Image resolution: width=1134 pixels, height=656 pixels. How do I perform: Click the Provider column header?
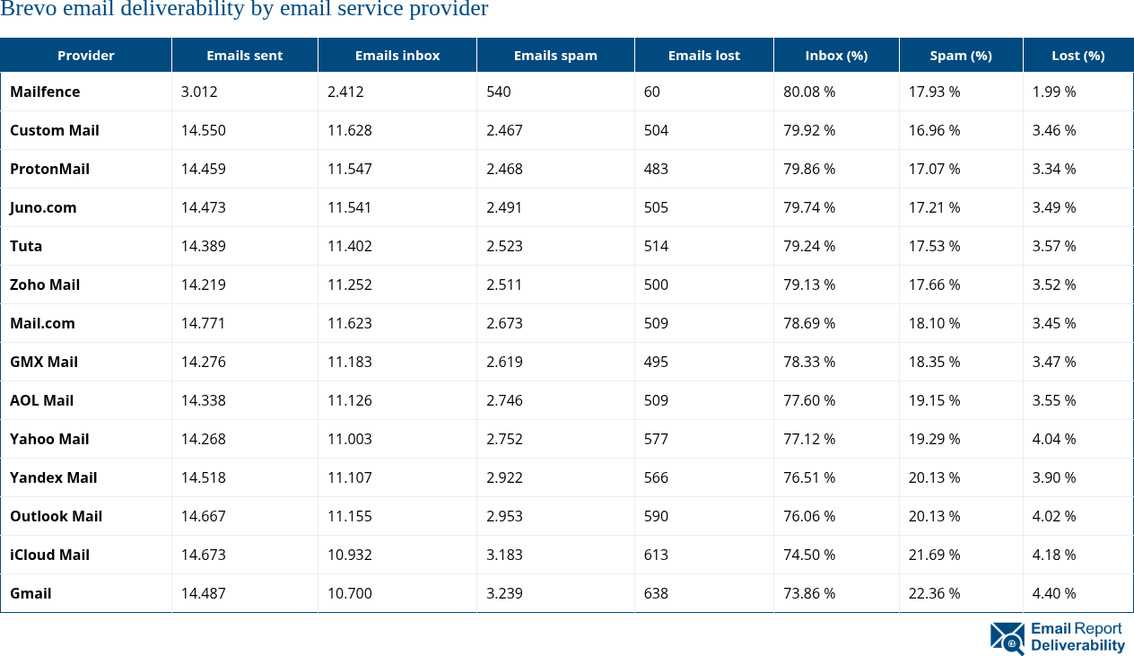click(86, 56)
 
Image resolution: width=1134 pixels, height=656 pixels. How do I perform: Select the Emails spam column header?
click(555, 56)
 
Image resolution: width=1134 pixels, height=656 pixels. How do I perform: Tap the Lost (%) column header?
click(1077, 56)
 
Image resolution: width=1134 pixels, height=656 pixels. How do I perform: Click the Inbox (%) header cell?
click(836, 56)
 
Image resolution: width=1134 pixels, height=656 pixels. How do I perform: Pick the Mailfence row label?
click(45, 92)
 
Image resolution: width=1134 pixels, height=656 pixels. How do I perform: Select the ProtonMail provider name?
click(49, 169)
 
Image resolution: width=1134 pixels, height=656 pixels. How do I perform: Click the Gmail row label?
click(31, 593)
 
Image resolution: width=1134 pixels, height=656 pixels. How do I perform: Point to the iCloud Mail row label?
click(49, 555)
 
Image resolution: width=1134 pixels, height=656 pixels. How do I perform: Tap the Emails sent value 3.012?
click(199, 92)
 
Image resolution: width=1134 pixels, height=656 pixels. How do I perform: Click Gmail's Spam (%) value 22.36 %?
click(934, 593)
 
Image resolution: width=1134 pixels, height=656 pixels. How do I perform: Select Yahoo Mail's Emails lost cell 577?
click(656, 439)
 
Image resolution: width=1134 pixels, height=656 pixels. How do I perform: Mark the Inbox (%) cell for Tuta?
click(809, 246)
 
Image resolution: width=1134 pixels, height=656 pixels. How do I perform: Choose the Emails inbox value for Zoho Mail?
click(349, 284)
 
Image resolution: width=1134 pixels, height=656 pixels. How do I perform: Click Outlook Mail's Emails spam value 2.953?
click(504, 516)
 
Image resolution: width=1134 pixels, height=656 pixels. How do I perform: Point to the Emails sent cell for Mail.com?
click(203, 323)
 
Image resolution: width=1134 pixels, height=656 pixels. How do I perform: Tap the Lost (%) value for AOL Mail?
click(1054, 400)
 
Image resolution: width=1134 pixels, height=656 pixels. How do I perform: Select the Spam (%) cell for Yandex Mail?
click(934, 477)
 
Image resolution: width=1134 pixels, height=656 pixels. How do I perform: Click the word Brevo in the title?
click(25, 10)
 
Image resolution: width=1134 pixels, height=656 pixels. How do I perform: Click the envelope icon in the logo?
click(1007, 638)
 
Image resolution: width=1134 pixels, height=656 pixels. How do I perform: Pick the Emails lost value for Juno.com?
click(656, 207)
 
